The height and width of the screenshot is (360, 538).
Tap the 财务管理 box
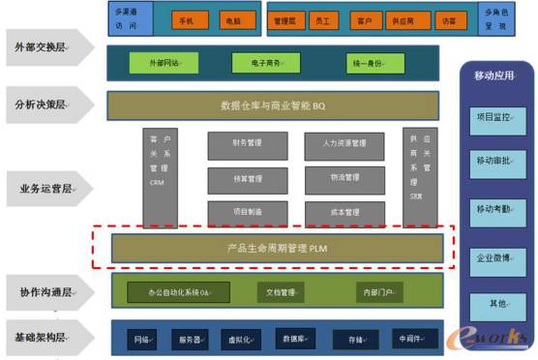pos(247,144)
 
